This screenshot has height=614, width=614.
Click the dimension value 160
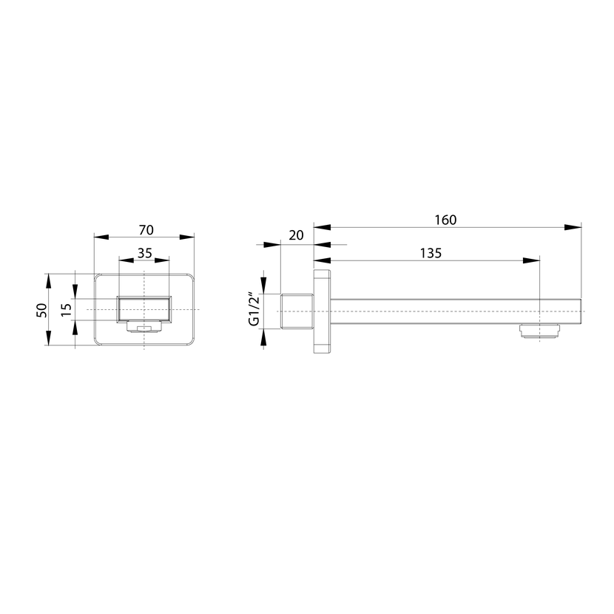[x=445, y=220]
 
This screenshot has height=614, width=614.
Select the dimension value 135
[x=431, y=253]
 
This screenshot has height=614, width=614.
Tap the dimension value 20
[x=296, y=235]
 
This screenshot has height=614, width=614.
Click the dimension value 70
[x=146, y=230]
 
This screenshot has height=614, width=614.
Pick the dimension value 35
[x=144, y=253]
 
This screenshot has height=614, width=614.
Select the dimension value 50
[x=41, y=311]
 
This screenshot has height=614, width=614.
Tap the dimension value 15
[x=67, y=310]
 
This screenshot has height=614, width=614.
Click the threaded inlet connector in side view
[x=297, y=311]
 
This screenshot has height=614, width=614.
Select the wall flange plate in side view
[x=322, y=311]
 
